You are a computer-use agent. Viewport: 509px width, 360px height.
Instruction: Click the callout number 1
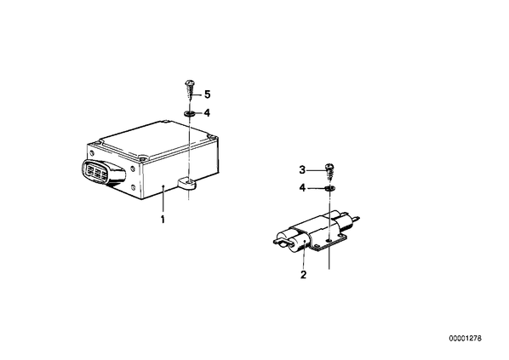pos(163,220)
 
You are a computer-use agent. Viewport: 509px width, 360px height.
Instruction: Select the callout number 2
pos(304,275)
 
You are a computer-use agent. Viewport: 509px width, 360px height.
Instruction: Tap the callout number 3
pos(302,169)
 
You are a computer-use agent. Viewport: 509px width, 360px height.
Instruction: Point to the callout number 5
pos(207,94)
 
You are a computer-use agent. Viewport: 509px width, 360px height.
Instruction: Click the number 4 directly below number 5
pos(207,113)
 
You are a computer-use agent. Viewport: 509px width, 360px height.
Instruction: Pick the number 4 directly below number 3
pos(302,188)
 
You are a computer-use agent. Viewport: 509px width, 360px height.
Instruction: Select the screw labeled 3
pos(329,172)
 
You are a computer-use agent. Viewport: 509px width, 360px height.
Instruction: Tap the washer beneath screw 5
pos(189,113)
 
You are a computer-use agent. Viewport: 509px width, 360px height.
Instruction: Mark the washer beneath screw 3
pos(329,188)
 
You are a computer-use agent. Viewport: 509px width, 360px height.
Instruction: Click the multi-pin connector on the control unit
pos(101,173)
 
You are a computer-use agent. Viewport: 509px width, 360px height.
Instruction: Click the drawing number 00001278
pos(466,339)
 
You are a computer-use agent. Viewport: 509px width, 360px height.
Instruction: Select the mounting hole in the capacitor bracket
pos(329,240)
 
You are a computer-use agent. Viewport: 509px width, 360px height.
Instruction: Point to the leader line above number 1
pos(163,200)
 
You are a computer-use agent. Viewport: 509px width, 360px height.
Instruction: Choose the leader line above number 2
pos(304,255)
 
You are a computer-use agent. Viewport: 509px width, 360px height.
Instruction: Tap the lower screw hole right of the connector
pos(133,187)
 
